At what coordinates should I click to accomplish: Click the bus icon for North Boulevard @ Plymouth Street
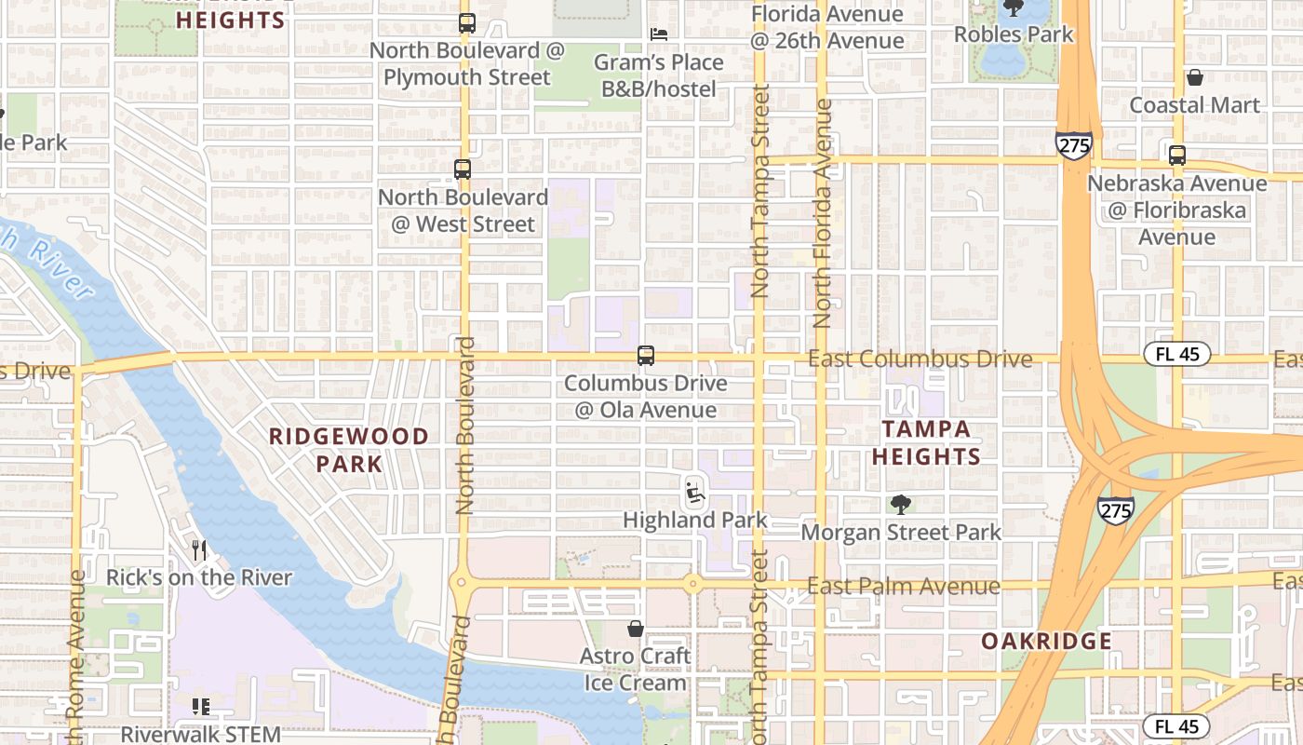(467, 23)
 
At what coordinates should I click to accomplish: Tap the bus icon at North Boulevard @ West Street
(463, 169)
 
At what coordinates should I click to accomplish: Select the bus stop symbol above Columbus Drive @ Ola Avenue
(645, 356)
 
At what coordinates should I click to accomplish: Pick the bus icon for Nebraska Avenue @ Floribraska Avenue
(1177, 156)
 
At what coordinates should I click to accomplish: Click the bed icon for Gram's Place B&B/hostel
(659, 34)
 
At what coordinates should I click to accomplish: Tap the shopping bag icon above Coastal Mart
(1194, 77)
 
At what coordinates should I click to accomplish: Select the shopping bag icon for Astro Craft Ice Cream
(636, 629)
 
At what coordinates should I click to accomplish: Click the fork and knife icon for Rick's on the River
(198, 550)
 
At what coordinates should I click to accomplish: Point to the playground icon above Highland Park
(694, 491)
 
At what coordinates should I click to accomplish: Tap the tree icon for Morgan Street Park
(900, 505)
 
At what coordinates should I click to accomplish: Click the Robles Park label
(1014, 34)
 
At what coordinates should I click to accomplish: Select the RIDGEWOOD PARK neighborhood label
(349, 450)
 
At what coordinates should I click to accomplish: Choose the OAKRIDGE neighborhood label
(1047, 641)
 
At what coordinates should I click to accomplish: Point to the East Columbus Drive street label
(920, 359)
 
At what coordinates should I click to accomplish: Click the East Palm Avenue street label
(903, 587)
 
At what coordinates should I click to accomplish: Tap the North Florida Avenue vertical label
(823, 214)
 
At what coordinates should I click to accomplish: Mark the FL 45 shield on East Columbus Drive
(1176, 354)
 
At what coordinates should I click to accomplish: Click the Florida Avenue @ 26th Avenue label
(826, 28)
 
